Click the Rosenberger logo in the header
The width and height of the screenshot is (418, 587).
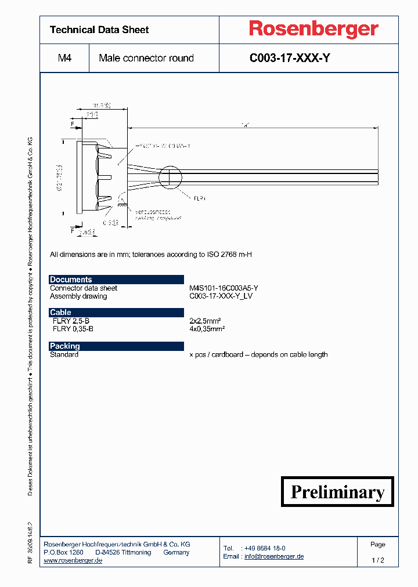pos(313,29)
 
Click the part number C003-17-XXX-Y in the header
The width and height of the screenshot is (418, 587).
pos(290,58)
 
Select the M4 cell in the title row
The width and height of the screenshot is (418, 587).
pos(64,58)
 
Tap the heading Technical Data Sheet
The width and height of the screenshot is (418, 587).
pos(99,30)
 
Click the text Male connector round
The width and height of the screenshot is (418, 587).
pos(146,58)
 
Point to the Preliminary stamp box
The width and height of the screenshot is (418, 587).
pos(337,492)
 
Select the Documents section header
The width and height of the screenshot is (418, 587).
pos(71,280)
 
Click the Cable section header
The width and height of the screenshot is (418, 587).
pos(60,312)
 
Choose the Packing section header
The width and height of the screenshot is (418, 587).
pos(64,346)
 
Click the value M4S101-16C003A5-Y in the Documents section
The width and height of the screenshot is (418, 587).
pos(224,288)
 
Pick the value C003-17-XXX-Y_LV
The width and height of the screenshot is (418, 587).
pos(221,296)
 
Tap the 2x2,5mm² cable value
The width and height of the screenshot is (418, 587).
pos(207,321)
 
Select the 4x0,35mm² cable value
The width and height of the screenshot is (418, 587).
pos(207,328)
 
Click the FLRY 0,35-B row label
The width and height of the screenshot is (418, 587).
pos(73,328)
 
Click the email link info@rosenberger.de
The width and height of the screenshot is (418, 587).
pos(274,556)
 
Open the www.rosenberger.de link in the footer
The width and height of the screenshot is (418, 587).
pos(73,560)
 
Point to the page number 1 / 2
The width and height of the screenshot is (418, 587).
pos(377,560)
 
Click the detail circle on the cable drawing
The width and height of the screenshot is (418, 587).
pos(171,177)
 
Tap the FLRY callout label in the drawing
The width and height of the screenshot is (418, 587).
pos(200,198)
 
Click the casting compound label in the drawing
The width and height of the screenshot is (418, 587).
pos(158,218)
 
